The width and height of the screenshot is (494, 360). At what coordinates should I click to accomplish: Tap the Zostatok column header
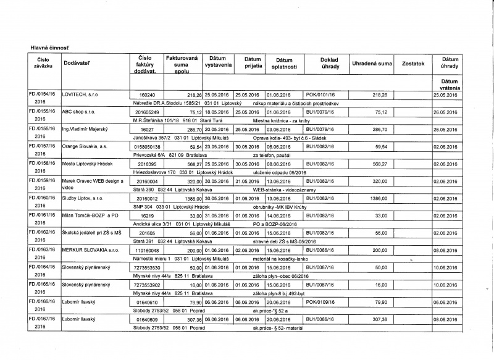(412, 64)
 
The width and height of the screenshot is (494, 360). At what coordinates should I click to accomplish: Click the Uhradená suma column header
(372, 64)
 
